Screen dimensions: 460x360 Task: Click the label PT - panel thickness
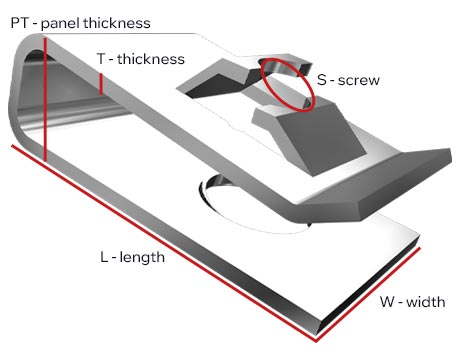tap(80, 23)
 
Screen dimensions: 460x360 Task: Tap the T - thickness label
tap(141, 59)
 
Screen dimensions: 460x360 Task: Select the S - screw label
tap(348, 80)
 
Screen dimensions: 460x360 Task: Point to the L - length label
tap(132, 257)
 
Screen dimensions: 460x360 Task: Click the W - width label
tap(413, 302)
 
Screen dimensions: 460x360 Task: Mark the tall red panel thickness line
tap(45, 99)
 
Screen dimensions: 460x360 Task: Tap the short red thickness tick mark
tap(101, 84)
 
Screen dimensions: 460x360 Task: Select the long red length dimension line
tap(163, 243)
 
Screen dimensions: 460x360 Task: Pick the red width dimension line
tap(368, 295)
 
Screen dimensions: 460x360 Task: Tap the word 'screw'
tap(359, 81)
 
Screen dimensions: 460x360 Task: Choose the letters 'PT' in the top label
tap(19, 23)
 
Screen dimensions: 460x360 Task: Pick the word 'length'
tap(142, 257)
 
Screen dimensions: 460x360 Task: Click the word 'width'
tap(426, 302)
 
